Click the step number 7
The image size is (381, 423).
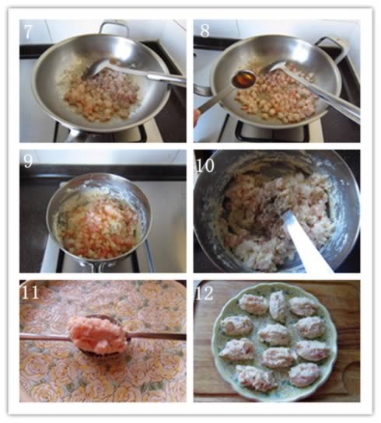[x=28, y=31]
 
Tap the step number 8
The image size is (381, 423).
[x=204, y=31]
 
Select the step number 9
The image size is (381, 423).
[x=28, y=161]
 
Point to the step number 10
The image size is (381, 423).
[x=205, y=165]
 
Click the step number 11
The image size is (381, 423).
[x=30, y=292]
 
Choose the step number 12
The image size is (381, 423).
[x=204, y=293]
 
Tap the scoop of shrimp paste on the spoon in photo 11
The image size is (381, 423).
[x=97, y=335]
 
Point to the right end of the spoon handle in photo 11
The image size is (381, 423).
[x=185, y=336]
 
